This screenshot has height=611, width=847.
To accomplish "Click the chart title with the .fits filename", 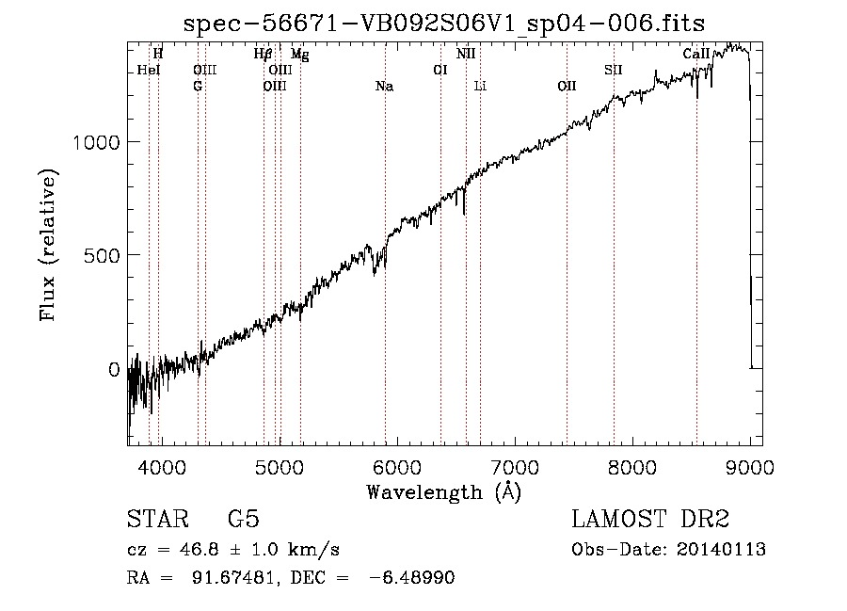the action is coord(444,24).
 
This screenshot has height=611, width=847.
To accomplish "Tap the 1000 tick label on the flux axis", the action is coord(96,142).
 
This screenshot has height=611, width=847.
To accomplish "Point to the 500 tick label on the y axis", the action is coord(102,255).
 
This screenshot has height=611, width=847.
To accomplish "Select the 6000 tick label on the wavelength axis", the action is coord(397,467).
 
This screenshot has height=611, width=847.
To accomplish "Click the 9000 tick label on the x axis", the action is coord(750,467).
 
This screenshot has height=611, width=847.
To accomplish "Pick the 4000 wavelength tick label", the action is coord(162,467).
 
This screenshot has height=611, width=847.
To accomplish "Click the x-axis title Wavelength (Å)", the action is coord(444,492).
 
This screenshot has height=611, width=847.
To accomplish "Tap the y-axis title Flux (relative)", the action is coord(48,246).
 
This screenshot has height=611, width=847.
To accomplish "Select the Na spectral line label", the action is coord(384,87).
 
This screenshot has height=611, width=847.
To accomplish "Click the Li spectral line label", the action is coord(480,86).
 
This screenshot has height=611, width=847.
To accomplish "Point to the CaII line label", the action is coord(695,54).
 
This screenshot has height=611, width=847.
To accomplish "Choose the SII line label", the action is coord(613,70).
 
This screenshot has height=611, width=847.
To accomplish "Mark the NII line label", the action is coord(466,54).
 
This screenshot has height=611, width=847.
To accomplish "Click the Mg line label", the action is coord(300,55).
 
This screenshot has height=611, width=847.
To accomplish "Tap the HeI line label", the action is coord(149,70).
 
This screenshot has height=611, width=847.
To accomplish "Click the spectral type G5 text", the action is coord(244,519).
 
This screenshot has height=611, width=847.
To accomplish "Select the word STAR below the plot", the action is coord(158,519).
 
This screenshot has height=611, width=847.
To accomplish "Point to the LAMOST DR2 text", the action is coord(650,519).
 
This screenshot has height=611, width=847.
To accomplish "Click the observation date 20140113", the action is coord(721,550).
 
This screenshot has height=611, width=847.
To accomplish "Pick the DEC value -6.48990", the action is coord(411,577).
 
